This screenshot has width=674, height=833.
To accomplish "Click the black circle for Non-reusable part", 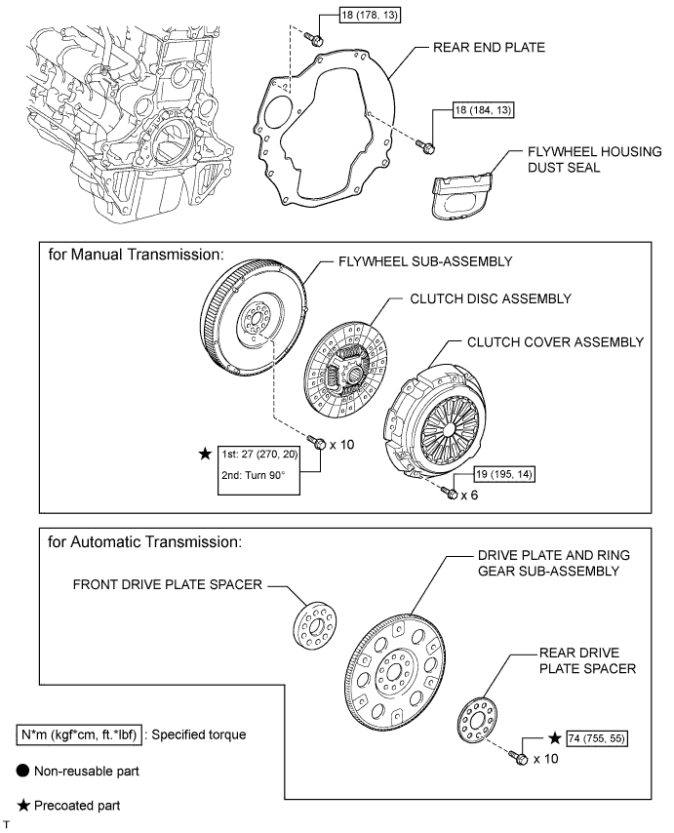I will pyautogui.click(x=24, y=770).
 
